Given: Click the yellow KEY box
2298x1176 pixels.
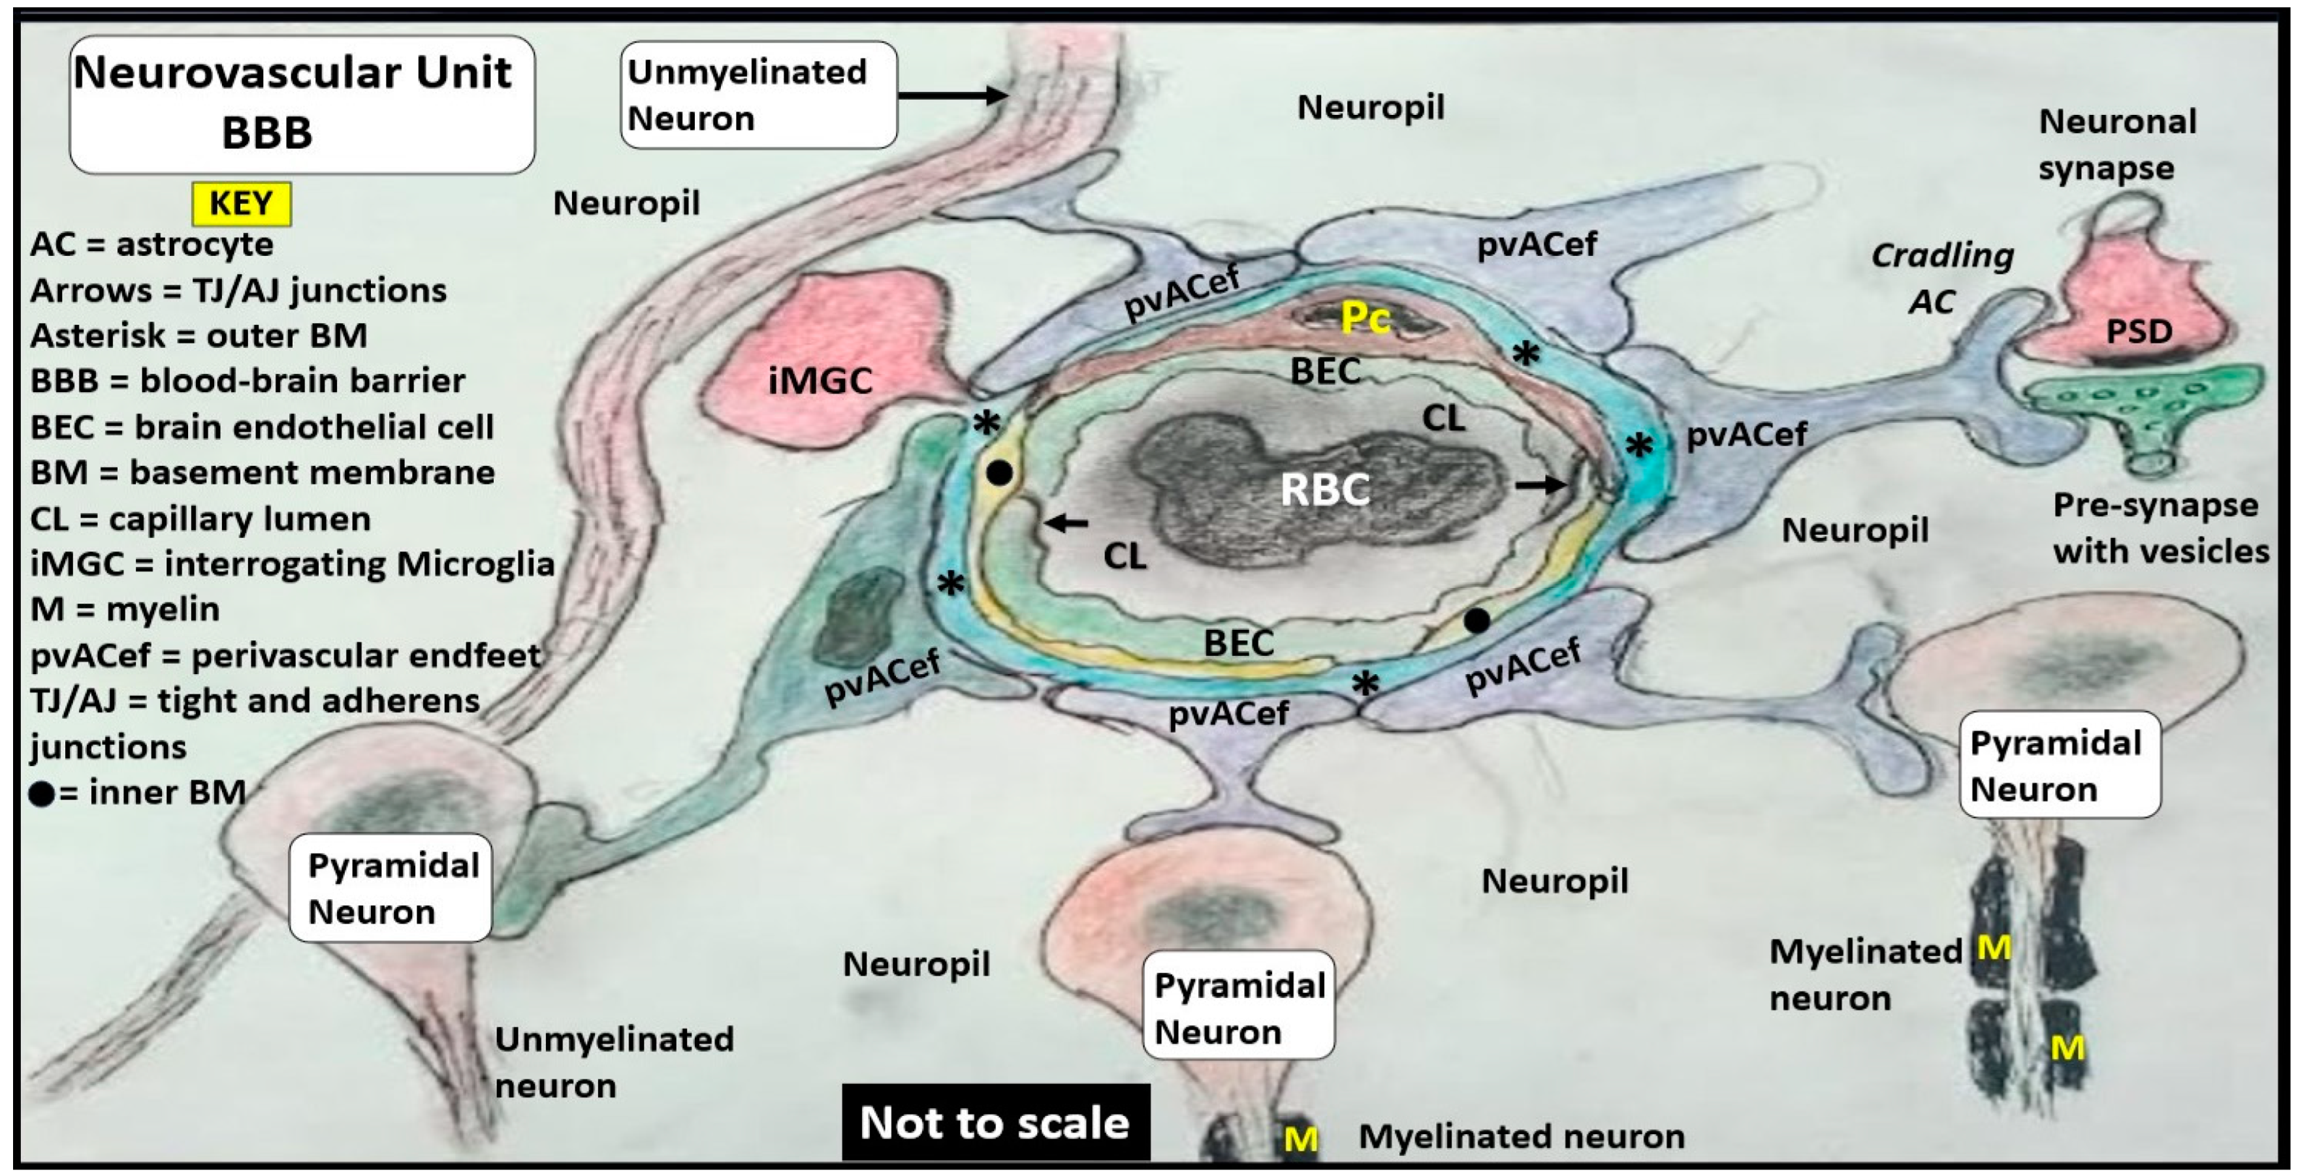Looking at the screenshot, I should click(241, 203).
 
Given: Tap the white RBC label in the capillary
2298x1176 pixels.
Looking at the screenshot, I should click(1325, 489).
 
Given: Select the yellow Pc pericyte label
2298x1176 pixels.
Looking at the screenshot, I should click(1365, 317).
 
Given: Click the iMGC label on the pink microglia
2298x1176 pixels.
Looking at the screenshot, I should click(820, 382).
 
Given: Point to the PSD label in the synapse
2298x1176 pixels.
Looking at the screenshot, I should click(2138, 332).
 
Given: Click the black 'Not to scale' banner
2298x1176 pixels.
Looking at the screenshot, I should click(996, 1122).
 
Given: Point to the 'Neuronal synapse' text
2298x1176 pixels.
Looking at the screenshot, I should click(2116, 144).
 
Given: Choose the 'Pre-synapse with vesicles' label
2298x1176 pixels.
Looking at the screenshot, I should click(2160, 528).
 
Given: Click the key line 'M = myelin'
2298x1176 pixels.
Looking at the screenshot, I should click(125, 610).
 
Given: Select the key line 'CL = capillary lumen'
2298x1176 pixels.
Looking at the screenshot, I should click(200, 519).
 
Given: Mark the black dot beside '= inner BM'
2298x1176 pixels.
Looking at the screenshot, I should click(41, 794).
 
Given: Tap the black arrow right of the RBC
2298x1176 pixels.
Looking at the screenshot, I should click(1540, 485).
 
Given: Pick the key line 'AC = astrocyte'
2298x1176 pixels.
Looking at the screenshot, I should click(152, 244).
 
